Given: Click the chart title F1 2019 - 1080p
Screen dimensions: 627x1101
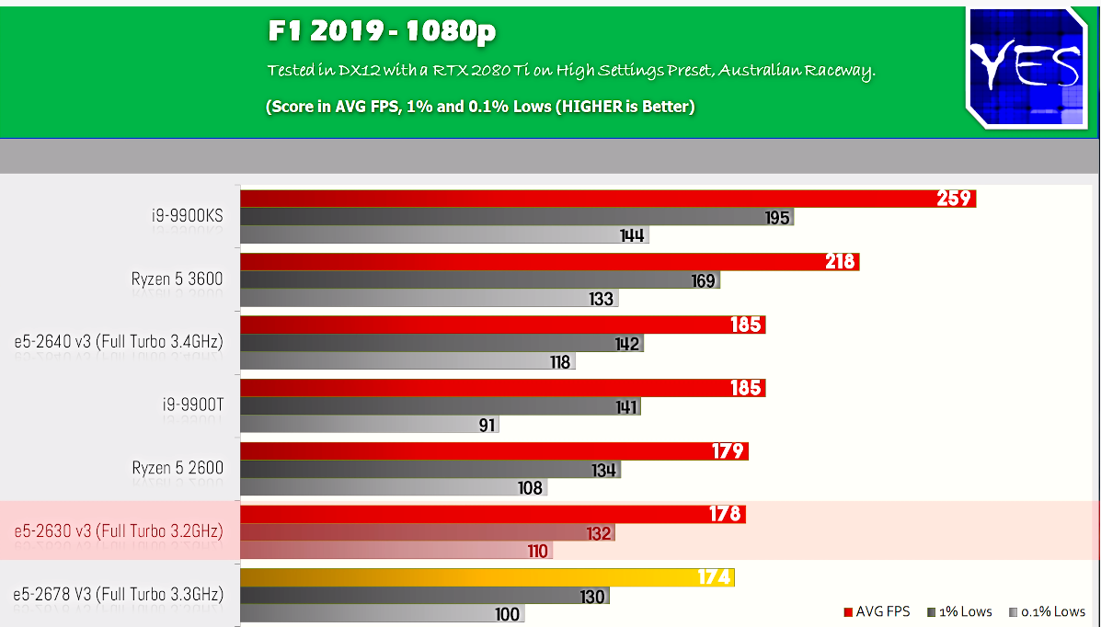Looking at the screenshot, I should coord(382,32).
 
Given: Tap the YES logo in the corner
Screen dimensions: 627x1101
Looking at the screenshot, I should coord(1026,67).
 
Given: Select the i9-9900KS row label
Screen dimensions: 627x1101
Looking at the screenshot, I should coord(188,216).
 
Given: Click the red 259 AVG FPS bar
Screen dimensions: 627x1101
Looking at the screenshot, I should coord(607,198).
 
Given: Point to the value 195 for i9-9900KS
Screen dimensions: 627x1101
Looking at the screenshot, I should coord(777,217).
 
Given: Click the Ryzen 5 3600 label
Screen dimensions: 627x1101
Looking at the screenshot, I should coord(177,279).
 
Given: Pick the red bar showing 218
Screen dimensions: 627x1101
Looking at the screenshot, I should coord(549,262).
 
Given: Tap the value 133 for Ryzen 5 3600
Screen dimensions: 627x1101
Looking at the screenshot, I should coord(602,299).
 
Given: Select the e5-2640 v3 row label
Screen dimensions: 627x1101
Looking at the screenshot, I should coord(119,342).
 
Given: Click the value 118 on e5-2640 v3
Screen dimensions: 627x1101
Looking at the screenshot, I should coord(560,362).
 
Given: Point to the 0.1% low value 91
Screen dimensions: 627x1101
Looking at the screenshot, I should coord(487,425).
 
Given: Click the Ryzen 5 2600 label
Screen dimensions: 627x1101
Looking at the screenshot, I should coord(178,467).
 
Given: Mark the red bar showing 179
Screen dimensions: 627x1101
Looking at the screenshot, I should coord(494,450).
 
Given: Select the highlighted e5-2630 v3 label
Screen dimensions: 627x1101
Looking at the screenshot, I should coord(119,530).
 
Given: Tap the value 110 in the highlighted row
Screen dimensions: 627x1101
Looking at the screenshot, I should coord(537,552).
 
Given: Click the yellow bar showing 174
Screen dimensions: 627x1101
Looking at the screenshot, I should coord(487,577).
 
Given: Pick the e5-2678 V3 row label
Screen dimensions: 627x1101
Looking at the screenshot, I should coord(119,594).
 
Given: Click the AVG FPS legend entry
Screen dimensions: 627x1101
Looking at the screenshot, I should coord(876,611).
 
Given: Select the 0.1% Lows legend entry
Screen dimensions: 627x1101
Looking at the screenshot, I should coord(1047,611).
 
